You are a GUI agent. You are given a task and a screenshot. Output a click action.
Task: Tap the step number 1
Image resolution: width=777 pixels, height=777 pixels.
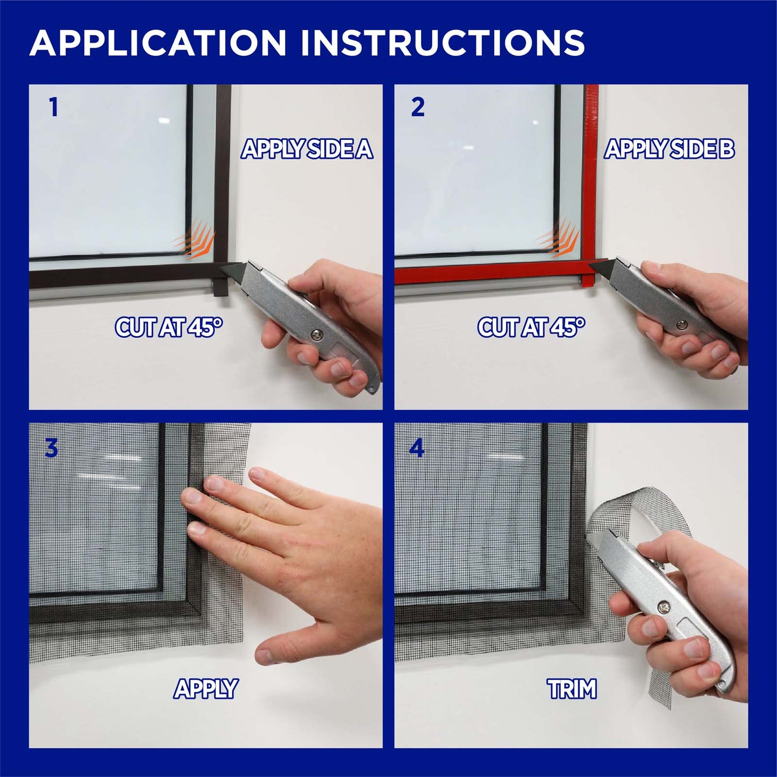click(53, 108)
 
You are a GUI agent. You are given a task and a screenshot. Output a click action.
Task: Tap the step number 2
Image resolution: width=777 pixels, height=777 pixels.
click(418, 108)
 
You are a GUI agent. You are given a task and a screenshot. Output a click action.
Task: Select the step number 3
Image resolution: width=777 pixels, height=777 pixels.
click(51, 448)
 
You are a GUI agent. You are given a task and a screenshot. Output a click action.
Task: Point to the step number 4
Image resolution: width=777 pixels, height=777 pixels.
click(417, 448)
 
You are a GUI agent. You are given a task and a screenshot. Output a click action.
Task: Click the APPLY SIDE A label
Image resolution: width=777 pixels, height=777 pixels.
click(307, 149)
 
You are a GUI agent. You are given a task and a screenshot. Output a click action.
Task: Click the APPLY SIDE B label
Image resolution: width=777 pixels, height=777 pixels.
click(669, 149)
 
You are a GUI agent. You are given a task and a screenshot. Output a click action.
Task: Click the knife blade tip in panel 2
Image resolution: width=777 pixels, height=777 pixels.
click(589, 264)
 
